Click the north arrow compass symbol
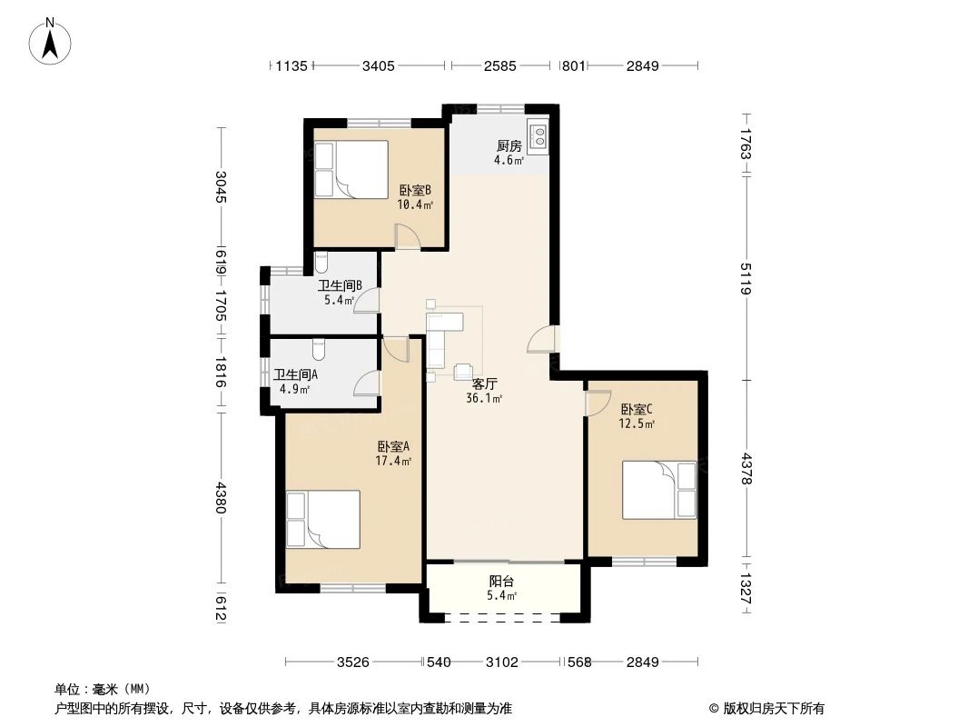click(52, 41)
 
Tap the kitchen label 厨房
click(509, 145)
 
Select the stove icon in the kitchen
click(537, 136)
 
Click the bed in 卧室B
click(351, 169)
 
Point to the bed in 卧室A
click(323, 519)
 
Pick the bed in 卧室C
click(659, 490)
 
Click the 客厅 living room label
click(484, 383)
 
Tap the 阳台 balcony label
click(501, 582)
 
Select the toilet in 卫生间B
click(321, 263)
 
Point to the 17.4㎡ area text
click(395, 462)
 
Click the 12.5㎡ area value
click(638, 423)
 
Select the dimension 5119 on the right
click(746, 279)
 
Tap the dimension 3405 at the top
click(378, 65)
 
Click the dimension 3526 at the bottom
click(352, 662)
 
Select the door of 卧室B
click(408, 235)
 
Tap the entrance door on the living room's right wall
click(541, 339)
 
